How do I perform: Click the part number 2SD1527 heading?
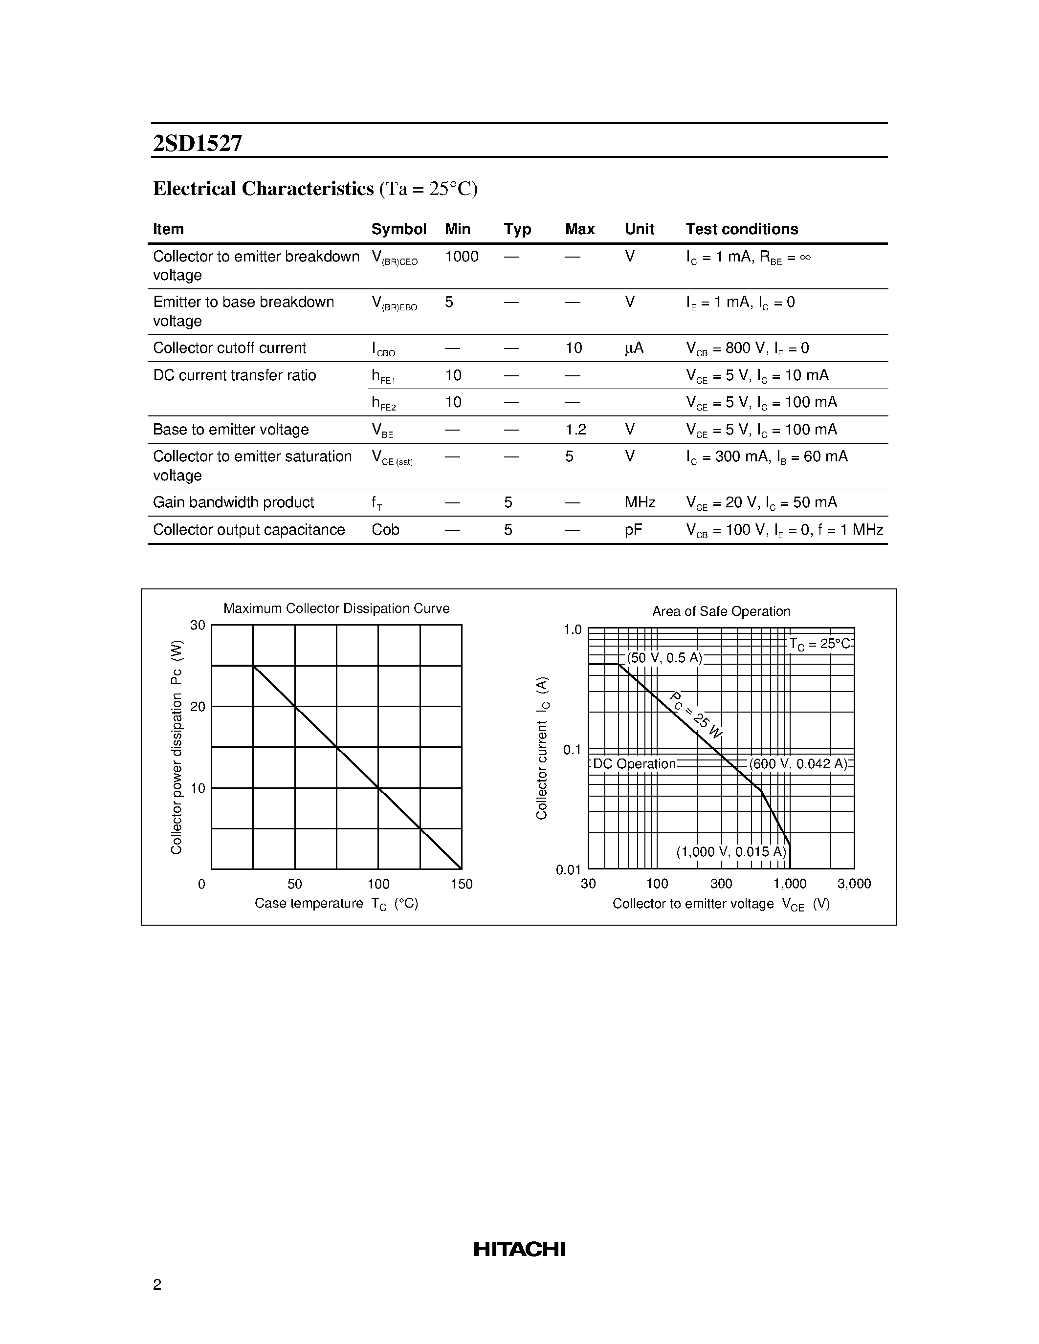198,143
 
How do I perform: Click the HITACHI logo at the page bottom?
519,1249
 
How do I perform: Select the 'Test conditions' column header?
742,229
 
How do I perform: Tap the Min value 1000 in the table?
462,257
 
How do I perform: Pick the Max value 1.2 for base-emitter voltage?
575,430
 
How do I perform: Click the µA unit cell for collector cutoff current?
634,348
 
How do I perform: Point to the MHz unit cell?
640,503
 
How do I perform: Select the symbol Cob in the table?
385,530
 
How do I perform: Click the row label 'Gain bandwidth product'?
233,503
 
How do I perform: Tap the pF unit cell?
633,530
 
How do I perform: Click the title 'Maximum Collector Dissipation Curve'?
336,608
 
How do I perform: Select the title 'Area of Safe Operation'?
721,612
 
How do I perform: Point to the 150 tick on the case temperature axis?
462,884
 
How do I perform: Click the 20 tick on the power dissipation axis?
198,707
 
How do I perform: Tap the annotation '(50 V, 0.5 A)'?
665,658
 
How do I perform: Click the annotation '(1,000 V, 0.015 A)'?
731,852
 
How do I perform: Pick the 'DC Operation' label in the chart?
634,764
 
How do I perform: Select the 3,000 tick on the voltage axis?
854,884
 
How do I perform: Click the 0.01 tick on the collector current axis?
568,869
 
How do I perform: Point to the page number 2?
157,1284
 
